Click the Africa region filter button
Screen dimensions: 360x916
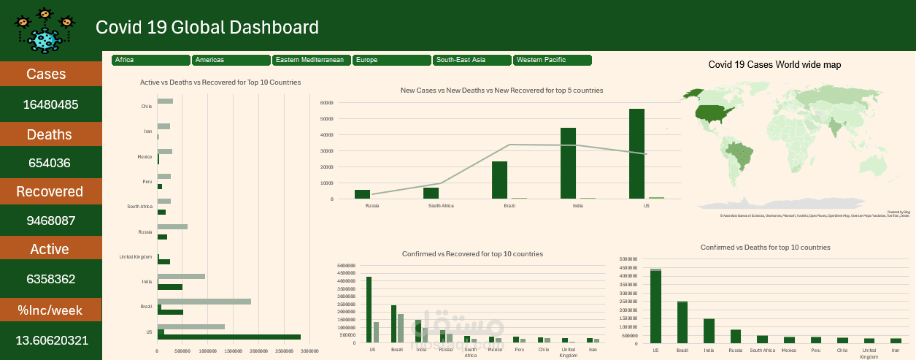coord(151,60)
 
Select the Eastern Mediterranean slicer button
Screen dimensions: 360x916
coord(312,60)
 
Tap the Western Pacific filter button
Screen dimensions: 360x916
coord(552,60)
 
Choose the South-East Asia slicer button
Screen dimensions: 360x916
coord(472,60)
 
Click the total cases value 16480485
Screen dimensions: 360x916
coord(50,104)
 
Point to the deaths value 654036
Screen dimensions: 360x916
coord(50,163)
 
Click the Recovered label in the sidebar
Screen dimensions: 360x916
coord(50,191)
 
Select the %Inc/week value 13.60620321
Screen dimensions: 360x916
coord(50,340)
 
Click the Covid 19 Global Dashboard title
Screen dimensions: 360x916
coord(207,28)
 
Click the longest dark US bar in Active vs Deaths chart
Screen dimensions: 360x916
coord(228,337)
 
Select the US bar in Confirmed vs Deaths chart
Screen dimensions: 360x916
coord(655,306)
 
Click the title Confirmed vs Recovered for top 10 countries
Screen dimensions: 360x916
coord(472,254)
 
